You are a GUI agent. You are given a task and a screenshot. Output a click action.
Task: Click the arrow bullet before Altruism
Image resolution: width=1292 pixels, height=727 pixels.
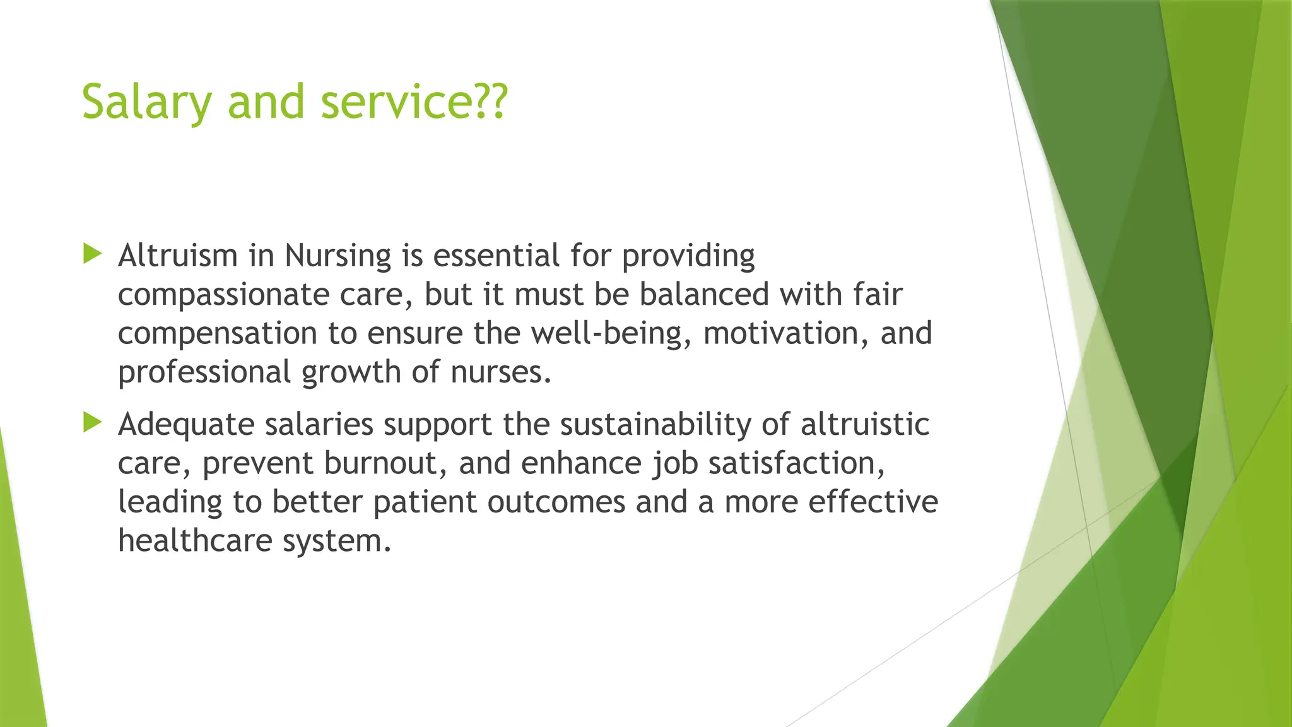click(x=92, y=255)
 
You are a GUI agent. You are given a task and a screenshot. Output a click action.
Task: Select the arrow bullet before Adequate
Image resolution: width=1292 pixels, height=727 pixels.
click(x=92, y=423)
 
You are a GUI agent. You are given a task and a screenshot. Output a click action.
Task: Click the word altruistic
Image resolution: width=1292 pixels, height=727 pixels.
click(x=865, y=424)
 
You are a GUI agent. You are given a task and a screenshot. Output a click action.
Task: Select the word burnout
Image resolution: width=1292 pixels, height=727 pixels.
click(x=386, y=463)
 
